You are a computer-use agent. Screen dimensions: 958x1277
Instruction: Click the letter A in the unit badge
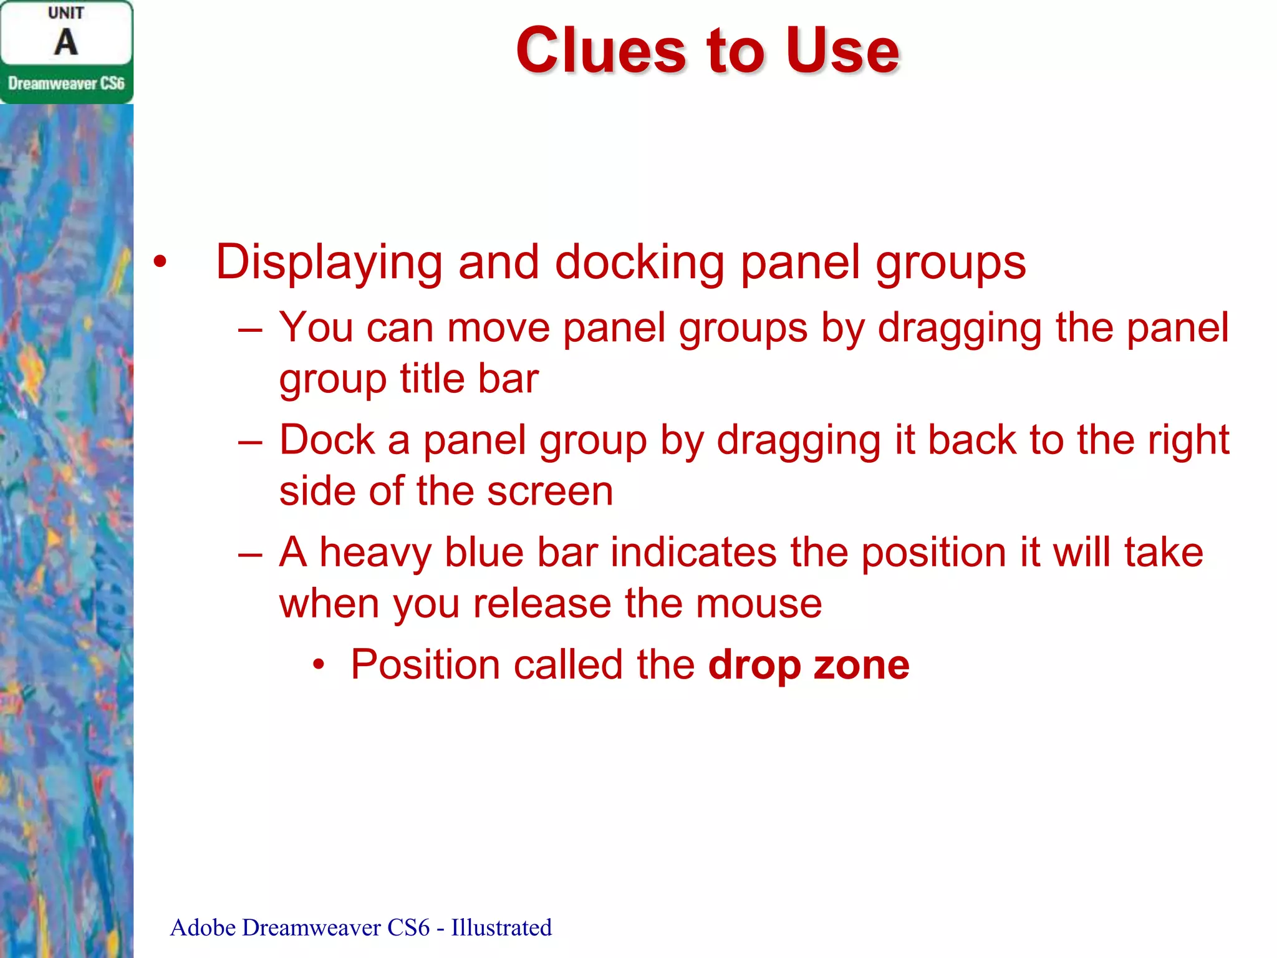[x=66, y=42]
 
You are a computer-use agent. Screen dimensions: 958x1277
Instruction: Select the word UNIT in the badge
[x=66, y=13]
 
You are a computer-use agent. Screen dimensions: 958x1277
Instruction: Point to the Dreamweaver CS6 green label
[x=66, y=84]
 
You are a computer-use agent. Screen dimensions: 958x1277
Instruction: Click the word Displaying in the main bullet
[x=329, y=262]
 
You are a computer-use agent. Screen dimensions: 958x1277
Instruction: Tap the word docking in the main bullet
[x=639, y=262]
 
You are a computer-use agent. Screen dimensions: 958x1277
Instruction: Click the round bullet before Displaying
[x=160, y=262]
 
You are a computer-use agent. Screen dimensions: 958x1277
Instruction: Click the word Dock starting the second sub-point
[x=327, y=440]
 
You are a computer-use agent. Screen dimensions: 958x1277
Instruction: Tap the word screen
[x=550, y=491]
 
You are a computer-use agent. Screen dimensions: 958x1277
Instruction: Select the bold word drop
[x=754, y=665]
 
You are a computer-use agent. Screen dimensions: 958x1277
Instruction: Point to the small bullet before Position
[x=319, y=665]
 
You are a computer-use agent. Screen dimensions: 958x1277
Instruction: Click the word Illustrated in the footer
[x=501, y=927]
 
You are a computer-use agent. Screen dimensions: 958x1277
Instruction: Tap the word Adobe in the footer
[x=203, y=927]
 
